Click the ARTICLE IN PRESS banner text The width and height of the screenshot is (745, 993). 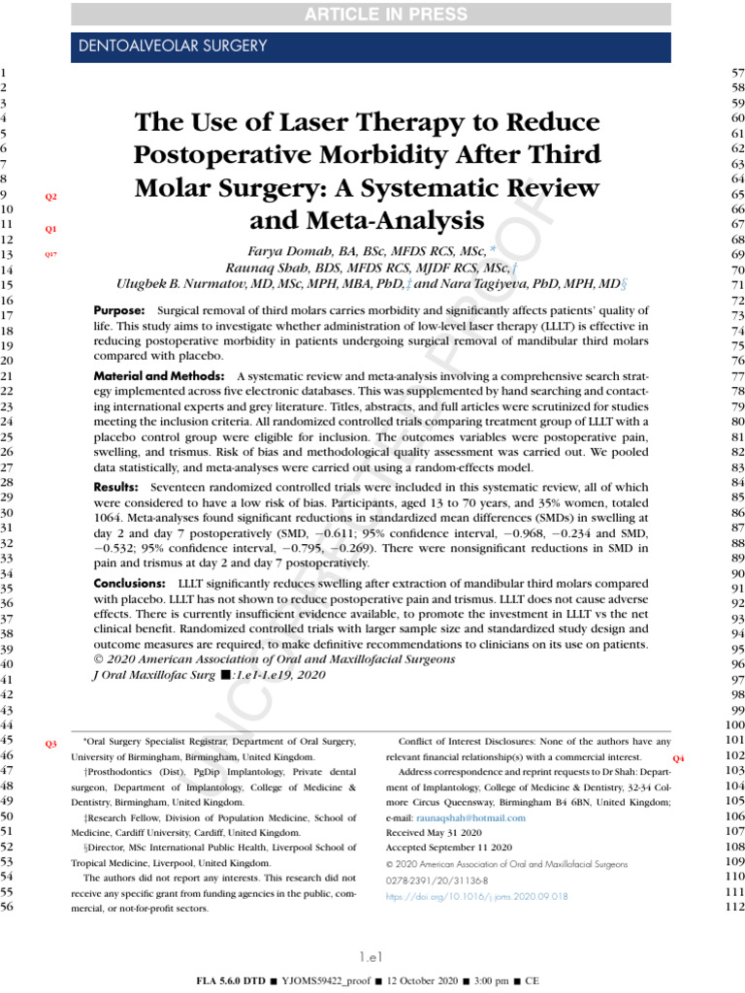click(372, 13)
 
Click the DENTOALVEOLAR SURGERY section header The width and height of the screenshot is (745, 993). click(171, 46)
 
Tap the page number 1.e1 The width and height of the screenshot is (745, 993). click(372, 956)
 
